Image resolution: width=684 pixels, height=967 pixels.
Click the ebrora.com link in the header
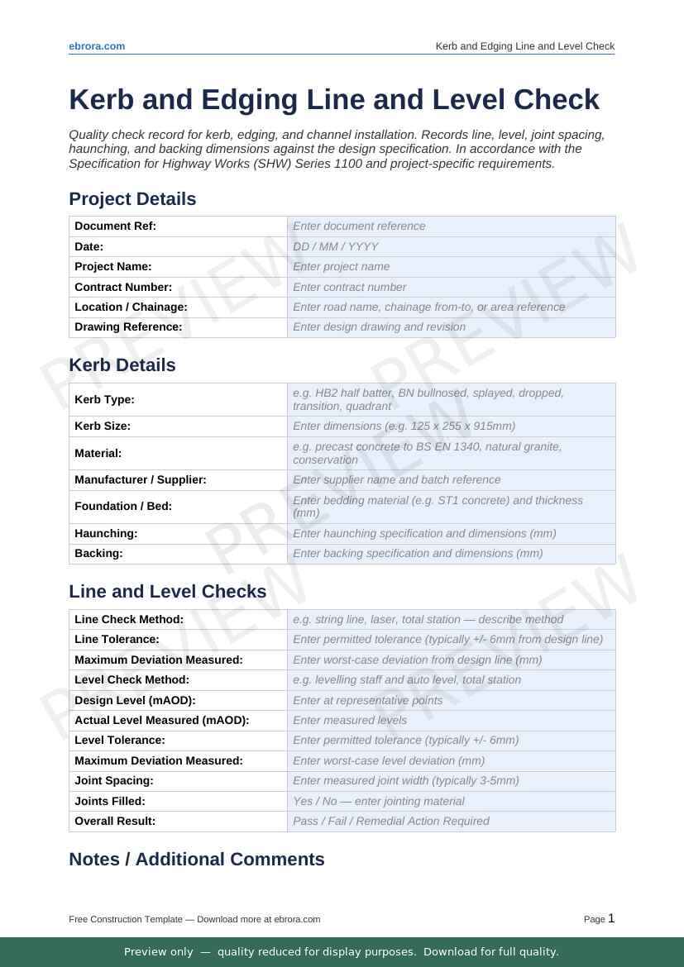(97, 46)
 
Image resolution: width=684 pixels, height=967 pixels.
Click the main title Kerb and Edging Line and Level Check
(334, 99)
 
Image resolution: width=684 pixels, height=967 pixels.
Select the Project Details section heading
(132, 199)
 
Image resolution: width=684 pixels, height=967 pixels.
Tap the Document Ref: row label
(116, 226)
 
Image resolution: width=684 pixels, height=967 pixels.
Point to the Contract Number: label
(123, 287)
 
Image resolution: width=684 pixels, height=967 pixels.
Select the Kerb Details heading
(122, 365)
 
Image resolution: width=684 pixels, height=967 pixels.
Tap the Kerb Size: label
(103, 426)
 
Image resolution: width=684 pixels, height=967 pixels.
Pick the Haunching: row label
(106, 533)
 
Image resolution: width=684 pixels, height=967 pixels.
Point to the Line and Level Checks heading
(168, 592)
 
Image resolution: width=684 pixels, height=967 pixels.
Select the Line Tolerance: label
(117, 639)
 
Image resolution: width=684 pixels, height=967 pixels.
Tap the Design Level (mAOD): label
(135, 700)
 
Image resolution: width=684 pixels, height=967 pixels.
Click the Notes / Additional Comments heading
(197, 860)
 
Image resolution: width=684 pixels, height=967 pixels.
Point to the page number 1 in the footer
(611, 918)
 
